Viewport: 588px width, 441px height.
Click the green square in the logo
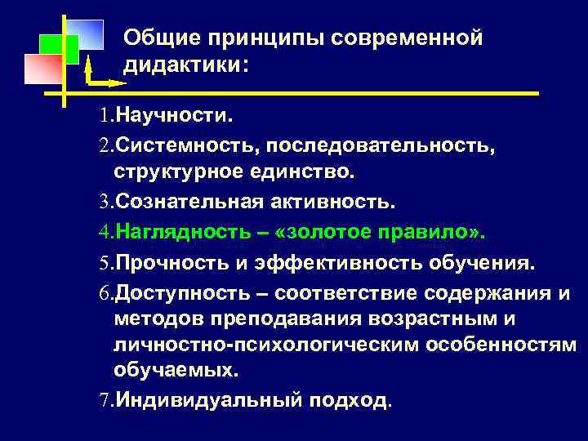pyautogui.click(x=59, y=49)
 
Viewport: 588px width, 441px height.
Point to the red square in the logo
pyautogui.click(x=43, y=69)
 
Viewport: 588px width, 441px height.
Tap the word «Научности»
pyautogui.click(x=172, y=116)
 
